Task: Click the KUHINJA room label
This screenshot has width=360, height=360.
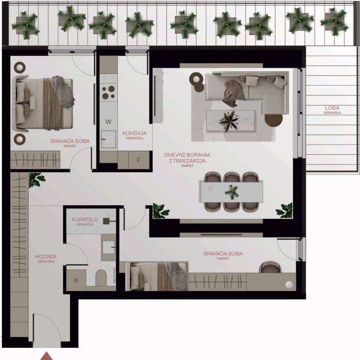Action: [x=135, y=133]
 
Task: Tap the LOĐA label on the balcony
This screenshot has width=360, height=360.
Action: [x=332, y=108]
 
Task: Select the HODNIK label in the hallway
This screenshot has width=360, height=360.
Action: [x=46, y=256]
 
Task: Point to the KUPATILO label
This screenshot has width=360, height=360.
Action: [x=85, y=219]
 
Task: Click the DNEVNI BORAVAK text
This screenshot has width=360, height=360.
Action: [x=187, y=155]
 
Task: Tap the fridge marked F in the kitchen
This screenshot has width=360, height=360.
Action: [x=139, y=160]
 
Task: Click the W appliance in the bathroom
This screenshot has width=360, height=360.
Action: [x=76, y=280]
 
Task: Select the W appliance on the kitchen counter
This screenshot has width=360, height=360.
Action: [x=108, y=122]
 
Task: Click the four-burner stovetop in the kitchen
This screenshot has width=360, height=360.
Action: [x=108, y=92]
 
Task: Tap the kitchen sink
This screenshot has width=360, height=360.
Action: [x=108, y=139]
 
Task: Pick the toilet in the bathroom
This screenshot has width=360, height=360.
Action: [x=101, y=278]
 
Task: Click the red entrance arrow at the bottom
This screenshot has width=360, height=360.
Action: [x=46, y=356]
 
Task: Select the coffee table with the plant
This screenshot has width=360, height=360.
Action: [x=231, y=121]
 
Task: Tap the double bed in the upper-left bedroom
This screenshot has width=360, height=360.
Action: [x=44, y=103]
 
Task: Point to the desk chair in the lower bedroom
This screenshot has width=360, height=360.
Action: [x=270, y=267]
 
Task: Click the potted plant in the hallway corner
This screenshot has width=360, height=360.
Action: [x=36, y=180]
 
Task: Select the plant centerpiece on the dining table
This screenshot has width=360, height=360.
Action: [x=232, y=192]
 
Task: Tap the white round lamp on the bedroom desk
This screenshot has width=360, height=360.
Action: [x=289, y=285]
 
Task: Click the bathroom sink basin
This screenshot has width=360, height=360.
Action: [x=108, y=248]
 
